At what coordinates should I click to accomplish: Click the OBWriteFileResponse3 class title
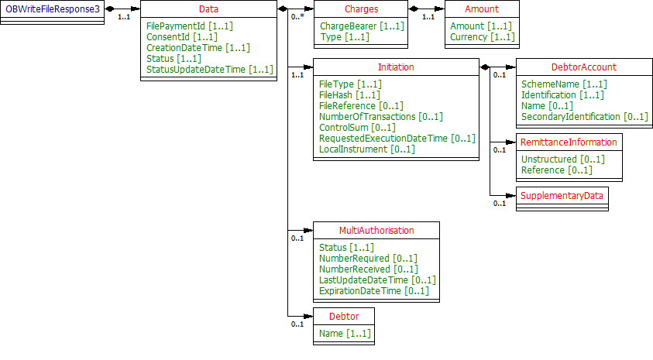point(52,9)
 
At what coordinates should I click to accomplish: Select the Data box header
point(208,9)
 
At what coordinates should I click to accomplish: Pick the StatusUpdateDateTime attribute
point(210,69)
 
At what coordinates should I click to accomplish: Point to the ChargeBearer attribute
point(360,26)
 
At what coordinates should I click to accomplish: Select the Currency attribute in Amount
point(481,36)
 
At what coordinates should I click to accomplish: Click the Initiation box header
point(396,67)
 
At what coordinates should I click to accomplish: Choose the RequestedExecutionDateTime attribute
point(397,138)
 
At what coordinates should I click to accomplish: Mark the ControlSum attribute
point(357,127)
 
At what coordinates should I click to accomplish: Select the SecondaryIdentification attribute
point(584,116)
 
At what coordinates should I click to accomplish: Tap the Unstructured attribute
point(562,159)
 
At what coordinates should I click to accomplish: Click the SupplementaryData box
point(562,196)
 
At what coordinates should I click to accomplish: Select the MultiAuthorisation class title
point(376,230)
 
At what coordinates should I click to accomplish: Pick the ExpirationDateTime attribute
point(373,290)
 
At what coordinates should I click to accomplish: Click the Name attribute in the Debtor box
point(345,333)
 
